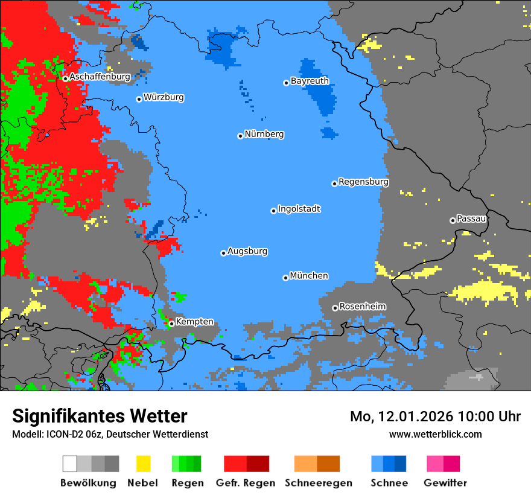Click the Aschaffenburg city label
coord(100,77)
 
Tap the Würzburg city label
coord(164,97)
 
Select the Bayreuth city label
coord(310,81)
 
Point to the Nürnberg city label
coord(264,135)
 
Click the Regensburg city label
coord(363,182)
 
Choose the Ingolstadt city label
coord(299,209)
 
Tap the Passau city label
coord(471,219)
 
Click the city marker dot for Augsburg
coord(223,253)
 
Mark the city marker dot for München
coord(285,278)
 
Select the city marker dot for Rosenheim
coord(335,308)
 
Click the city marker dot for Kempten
coord(171,324)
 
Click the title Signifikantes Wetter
coord(100,416)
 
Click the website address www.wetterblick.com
coord(435,434)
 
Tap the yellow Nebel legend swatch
coord(143,464)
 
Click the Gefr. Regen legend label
coord(246,483)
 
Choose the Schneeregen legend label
coord(319,483)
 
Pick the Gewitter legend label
coord(445,483)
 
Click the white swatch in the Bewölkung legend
coord(69,464)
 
